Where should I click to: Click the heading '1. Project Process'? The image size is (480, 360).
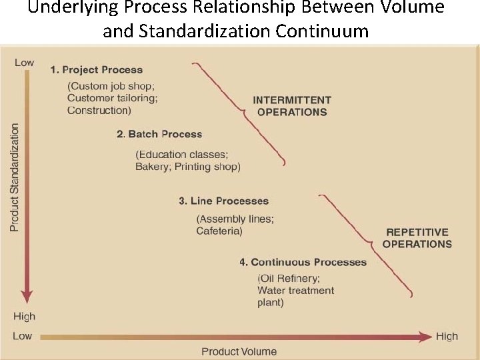(97, 69)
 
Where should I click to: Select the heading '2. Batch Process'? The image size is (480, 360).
(159, 134)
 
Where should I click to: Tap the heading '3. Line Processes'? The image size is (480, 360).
(223, 201)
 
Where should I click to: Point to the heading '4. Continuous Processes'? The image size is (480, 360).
(303, 262)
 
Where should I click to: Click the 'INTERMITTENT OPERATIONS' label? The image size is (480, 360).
(292, 106)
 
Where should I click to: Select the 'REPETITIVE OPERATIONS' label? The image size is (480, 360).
(417, 238)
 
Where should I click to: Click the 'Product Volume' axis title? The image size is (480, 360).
(239, 351)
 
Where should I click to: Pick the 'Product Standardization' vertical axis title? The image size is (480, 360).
(15, 177)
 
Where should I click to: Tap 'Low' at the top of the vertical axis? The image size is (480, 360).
(24, 62)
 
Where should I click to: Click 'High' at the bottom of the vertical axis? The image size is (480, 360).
(24, 316)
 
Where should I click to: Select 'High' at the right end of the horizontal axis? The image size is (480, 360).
(447, 336)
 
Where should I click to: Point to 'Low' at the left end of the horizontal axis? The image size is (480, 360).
(22, 336)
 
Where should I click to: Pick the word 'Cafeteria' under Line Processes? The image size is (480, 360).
(219, 231)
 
